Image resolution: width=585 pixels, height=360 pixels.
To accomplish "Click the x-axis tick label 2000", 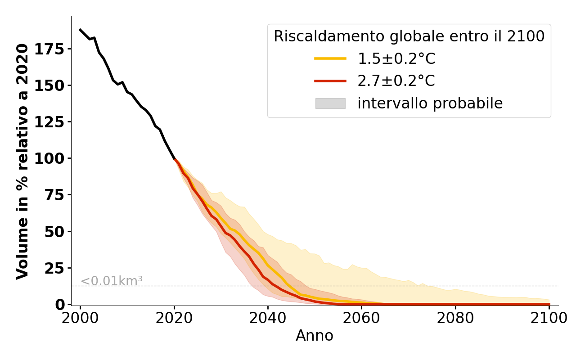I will coord(80,318).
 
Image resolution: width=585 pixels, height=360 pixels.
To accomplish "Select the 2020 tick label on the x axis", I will coord(174,318).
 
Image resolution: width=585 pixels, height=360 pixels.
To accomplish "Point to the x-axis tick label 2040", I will coord(268,318).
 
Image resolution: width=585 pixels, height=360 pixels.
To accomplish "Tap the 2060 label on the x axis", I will coord(361,318).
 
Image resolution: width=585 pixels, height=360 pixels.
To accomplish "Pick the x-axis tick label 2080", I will coord(455,318).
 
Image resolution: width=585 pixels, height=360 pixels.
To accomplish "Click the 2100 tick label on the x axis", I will coord(549,318).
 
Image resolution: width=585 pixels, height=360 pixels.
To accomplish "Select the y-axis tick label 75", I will coord(54,195).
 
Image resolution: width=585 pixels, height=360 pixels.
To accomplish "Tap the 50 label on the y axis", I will coord(54,232).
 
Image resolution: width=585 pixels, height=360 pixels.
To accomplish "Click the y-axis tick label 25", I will coord(54,268).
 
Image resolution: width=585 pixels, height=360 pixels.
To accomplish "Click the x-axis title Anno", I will coord(315,336).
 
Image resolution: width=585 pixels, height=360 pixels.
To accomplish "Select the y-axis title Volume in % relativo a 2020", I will coord(22,161).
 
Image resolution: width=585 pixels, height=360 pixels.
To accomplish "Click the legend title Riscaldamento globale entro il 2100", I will coord(409,36).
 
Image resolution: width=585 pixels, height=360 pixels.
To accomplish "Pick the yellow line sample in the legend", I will coord(330,58).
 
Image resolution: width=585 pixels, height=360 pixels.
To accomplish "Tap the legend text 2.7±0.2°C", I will coord(396,81).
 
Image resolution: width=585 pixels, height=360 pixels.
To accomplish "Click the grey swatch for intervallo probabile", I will coord(330,103).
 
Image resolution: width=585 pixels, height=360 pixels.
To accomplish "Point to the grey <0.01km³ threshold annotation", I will coord(111,281).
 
